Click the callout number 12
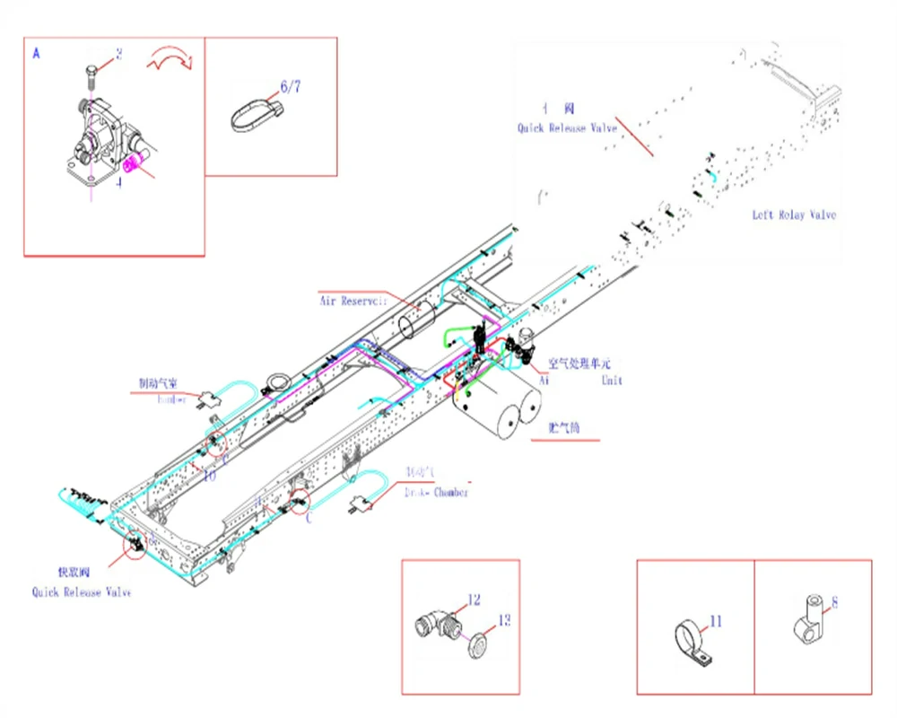point(475,600)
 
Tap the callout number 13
point(504,619)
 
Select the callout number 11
point(715,621)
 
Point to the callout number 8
point(834,602)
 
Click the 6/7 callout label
point(291,86)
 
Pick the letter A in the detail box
point(36,54)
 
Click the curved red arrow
point(170,60)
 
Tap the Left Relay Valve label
point(794,215)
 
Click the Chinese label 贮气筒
point(564,429)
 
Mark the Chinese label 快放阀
point(73,572)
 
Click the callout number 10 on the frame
point(209,477)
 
